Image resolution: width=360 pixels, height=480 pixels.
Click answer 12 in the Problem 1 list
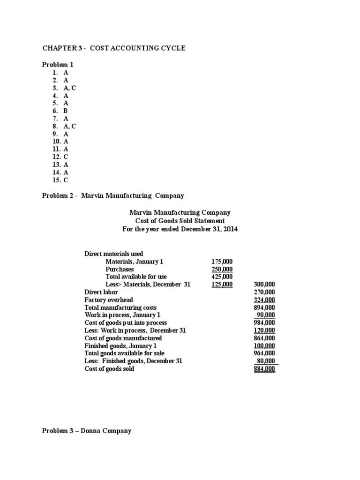tap(60, 157)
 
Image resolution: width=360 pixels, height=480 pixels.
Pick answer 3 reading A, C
tap(64, 88)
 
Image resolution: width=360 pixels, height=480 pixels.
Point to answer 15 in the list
tap(60, 180)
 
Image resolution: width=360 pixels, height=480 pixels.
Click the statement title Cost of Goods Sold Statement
tap(180, 220)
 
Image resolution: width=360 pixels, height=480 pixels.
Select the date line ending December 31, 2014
tap(180, 228)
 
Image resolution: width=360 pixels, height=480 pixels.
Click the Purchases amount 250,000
tap(222, 269)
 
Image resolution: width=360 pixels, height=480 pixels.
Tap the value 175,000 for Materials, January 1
tap(222, 262)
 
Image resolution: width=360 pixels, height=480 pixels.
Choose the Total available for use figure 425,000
tap(222, 277)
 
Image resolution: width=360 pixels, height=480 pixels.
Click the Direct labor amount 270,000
tap(264, 292)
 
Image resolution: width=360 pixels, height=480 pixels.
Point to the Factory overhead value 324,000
tap(264, 300)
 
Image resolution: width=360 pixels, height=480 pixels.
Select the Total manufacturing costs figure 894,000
tap(264, 307)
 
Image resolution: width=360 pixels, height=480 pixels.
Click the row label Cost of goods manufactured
tap(123, 338)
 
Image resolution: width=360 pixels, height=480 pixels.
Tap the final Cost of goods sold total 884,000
tap(264, 369)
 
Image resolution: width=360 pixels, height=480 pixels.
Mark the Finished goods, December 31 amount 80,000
tap(266, 361)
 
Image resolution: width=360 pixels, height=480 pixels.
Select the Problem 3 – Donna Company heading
tap(87, 430)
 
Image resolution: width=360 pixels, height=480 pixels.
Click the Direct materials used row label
tap(114, 254)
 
